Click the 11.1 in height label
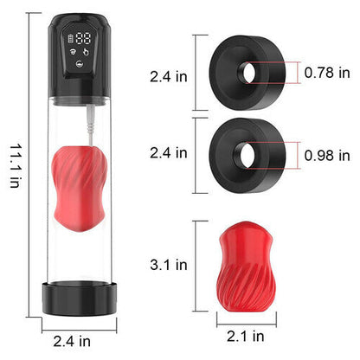pos(15,166)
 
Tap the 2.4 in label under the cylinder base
pos(72,342)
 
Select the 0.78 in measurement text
pos(327,73)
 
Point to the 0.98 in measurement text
pos(327,155)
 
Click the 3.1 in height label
pos(169,265)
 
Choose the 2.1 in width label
pos(246,336)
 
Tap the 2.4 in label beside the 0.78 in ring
pos(169,77)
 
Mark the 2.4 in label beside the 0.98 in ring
pos(169,153)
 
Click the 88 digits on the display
pos(83,38)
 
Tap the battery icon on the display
pos(71,38)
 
